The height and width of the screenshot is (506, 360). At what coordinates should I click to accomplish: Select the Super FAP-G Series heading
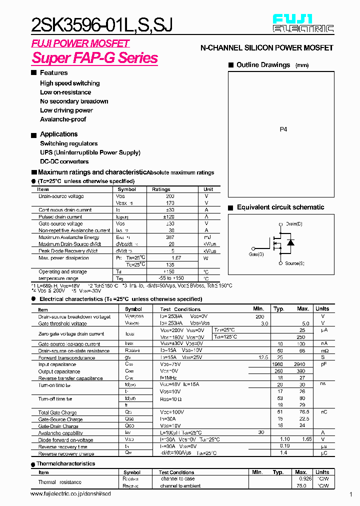click(x=95, y=58)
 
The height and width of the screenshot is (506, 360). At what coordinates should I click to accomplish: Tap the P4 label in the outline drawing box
click(x=283, y=129)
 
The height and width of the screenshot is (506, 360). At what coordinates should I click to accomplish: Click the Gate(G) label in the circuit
click(x=256, y=254)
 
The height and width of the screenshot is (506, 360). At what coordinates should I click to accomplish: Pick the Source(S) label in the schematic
click(x=294, y=263)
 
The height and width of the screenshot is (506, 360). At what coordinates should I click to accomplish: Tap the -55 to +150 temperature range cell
click(x=169, y=278)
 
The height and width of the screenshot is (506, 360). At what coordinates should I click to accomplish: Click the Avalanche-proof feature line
click(x=63, y=119)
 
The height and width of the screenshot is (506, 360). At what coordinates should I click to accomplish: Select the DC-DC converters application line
click(x=64, y=161)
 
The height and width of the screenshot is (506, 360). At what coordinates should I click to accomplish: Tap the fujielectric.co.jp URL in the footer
click(x=70, y=494)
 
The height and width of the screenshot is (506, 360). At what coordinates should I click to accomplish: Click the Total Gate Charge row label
click(x=57, y=412)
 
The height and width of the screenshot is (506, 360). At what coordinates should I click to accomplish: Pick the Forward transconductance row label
click(x=66, y=358)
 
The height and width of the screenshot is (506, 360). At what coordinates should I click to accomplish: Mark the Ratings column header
click(x=161, y=189)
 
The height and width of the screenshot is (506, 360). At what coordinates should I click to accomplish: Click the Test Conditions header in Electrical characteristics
click(x=180, y=309)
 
